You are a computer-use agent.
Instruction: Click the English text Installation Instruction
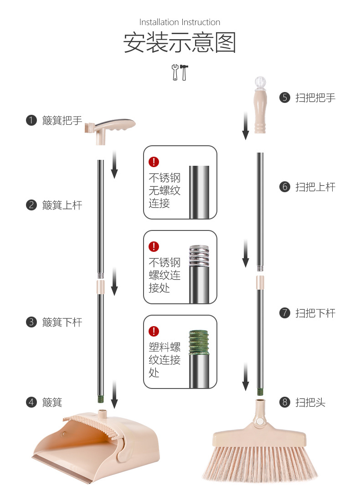pyautogui.click(x=180, y=22)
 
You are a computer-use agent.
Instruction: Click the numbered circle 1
pyautogui.click(x=31, y=120)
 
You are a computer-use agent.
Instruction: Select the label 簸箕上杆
pyautogui.click(x=62, y=205)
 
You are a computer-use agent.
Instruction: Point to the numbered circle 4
pyautogui.click(x=31, y=402)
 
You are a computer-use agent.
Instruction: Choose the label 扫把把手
pyautogui.click(x=315, y=97)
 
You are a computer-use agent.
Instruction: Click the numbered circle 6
pyautogui.click(x=285, y=187)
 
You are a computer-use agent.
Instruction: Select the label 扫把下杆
pyautogui.click(x=315, y=313)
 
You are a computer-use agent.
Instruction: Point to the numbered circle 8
pyautogui.click(x=285, y=402)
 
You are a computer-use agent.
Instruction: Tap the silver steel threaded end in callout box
pyautogui.click(x=199, y=256)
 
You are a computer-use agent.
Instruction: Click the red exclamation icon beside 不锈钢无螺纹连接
pyautogui.click(x=154, y=161)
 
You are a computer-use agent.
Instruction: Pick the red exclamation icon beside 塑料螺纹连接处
pyautogui.click(x=154, y=331)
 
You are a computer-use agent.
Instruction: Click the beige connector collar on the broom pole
pyautogui.click(x=260, y=282)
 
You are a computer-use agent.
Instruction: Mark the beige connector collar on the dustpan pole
pyautogui.click(x=100, y=287)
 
